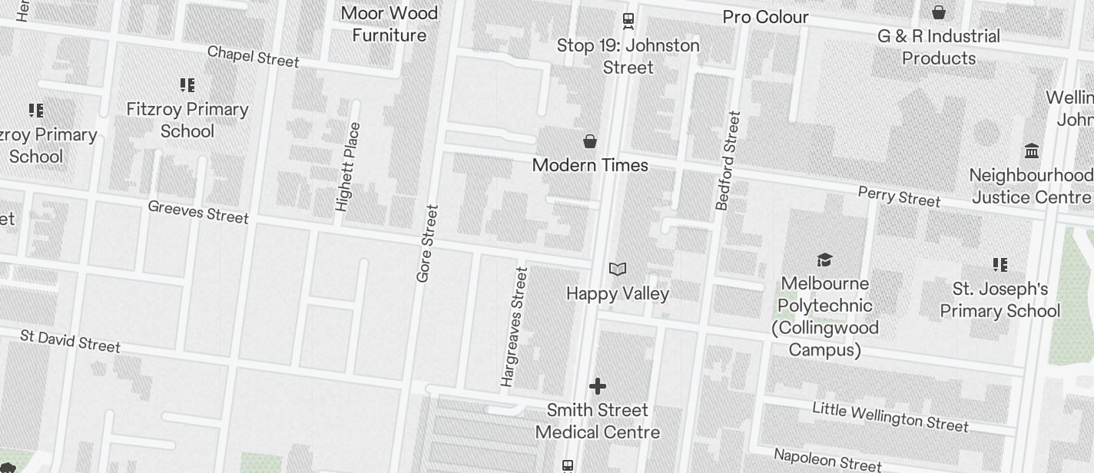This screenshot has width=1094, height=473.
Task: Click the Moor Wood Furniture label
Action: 389,24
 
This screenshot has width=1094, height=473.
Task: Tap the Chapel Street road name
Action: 253,56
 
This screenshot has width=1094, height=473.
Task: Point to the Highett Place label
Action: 347,167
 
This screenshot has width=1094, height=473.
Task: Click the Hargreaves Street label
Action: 515,326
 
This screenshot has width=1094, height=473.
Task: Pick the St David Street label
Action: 70,340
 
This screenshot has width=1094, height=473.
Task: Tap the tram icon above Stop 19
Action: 628,21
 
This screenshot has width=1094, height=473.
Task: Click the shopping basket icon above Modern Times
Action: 590,141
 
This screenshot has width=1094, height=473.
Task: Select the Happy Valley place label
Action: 618,293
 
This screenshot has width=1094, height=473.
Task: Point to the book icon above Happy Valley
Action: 618,269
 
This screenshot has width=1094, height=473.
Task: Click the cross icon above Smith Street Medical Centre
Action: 598,385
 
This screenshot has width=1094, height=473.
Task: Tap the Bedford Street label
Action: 728,160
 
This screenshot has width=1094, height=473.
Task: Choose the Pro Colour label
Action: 765,17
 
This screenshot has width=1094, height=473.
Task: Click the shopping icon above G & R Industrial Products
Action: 939,12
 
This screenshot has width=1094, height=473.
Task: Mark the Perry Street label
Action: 899,197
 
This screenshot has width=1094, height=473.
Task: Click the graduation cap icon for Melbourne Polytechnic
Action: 824,260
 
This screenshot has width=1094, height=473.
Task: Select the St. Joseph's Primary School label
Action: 1000,300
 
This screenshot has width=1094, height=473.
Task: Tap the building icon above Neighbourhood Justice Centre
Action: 1032,150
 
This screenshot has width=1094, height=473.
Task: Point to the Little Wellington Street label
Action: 890,416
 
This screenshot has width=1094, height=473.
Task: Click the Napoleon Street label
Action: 827,459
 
